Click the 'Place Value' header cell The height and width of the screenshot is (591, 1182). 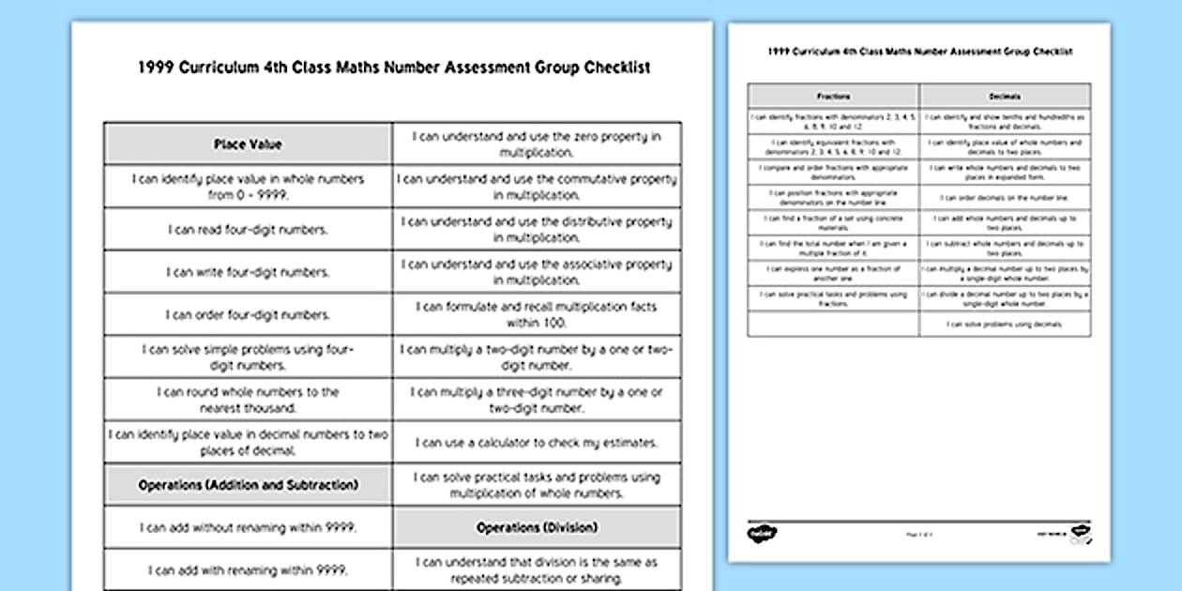[x=248, y=144]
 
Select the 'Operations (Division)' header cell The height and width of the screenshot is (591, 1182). [x=537, y=527]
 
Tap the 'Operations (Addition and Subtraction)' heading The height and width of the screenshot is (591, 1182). [x=248, y=485]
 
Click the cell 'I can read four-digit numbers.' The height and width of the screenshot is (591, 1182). [x=248, y=230]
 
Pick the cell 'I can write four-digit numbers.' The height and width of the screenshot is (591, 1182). [x=248, y=272]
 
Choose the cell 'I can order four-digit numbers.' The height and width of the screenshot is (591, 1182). [x=248, y=315]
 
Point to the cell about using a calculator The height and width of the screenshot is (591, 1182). [x=537, y=442]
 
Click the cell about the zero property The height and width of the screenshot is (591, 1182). [x=537, y=144]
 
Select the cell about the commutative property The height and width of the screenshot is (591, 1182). [x=537, y=187]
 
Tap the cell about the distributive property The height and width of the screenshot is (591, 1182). [x=537, y=230]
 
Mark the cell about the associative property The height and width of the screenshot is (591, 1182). [x=537, y=272]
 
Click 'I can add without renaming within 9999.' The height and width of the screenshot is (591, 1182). [x=248, y=527]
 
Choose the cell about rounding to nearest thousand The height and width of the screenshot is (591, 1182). [x=248, y=400]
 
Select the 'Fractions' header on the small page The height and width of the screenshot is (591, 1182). [x=833, y=96]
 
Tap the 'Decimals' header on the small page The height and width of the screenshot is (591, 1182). [x=1005, y=96]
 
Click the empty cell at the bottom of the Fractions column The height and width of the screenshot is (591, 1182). [x=833, y=324]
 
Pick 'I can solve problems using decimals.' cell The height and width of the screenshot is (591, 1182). [x=1005, y=324]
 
